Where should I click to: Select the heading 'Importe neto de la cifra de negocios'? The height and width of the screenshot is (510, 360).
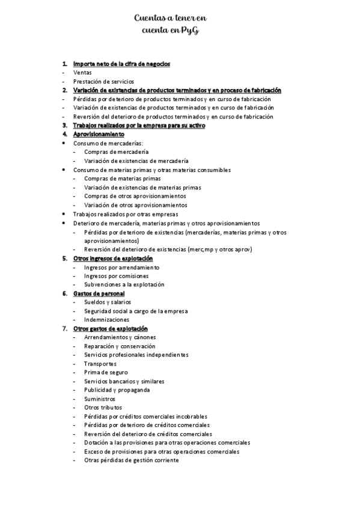(x=121, y=64)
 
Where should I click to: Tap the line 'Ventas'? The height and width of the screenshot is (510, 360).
(x=82, y=73)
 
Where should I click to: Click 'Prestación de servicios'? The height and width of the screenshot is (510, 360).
(x=103, y=81)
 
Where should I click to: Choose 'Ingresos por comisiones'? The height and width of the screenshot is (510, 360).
(x=117, y=276)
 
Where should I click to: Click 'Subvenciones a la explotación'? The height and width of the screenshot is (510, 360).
(x=124, y=284)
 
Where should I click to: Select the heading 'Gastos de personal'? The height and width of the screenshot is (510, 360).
(x=99, y=293)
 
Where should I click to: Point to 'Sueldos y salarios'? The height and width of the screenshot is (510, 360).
(x=108, y=302)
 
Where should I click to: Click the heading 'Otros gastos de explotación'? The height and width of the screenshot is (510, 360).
(x=110, y=329)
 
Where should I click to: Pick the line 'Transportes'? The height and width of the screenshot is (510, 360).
(x=100, y=364)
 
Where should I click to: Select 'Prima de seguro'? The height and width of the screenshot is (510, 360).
(x=106, y=372)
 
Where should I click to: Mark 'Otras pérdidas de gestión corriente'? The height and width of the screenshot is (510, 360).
(x=132, y=460)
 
